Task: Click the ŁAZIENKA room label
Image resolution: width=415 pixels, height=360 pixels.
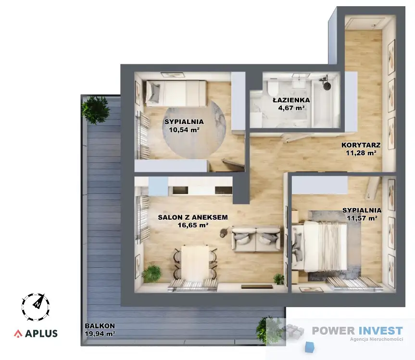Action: pyautogui.click(x=291, y=100)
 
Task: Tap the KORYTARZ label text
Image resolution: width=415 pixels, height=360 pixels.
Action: pyautogui.click(x=361, y=145)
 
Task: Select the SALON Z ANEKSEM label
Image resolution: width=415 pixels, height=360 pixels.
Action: pyautogui.click(x=193, y=217)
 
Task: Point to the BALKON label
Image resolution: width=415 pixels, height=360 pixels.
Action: pyautogui.click(x=100, y=326)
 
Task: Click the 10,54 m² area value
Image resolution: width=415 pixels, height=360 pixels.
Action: pyautogui.click(x=184, y=130)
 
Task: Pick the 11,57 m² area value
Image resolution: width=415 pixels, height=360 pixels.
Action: pyautogui.click(x=362, y=218)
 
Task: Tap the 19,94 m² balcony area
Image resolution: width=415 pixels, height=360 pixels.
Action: pyautogui.click(x=100, y=334)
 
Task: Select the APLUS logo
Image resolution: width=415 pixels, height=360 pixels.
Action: pyautogui.click(x=36, y=333)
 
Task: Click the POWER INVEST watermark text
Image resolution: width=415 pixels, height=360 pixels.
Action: pyautogui.click(x=357, y=331)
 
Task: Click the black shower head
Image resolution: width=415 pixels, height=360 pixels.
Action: pyautogui.click(x=326, y=82)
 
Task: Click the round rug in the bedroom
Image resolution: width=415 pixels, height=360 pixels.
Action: pyautogui.click(x=194, y=130)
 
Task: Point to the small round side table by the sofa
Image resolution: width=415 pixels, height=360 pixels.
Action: pyautogui.click(x=225, y=232)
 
